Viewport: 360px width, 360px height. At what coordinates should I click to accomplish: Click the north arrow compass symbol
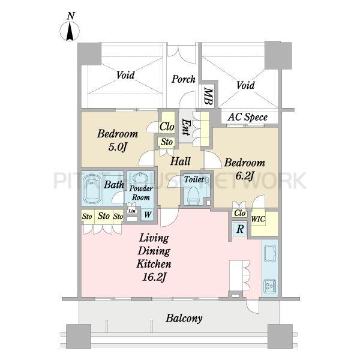[x=70, y=32]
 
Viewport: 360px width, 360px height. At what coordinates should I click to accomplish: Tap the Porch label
[x=184, y=79]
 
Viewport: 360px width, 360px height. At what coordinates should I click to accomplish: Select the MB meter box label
[x=208, y=97]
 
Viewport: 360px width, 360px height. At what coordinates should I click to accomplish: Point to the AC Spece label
[x=248, y=117]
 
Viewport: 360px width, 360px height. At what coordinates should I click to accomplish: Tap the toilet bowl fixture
[x=193, y=195]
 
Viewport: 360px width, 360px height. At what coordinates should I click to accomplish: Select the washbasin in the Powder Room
[x=140, y=178]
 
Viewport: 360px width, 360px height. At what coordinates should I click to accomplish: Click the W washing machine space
[x=148, y=215]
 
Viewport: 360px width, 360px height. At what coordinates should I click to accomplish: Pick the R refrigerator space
[x=239, y=229]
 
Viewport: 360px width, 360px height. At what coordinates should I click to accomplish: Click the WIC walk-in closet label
[x=258, y=219]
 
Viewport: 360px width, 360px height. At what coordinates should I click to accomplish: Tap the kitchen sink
[x=270, y=254]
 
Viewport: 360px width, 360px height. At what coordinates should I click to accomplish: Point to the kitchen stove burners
[x=270, y=286]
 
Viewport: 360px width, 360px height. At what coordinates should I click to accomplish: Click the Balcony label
[x=184, y=319]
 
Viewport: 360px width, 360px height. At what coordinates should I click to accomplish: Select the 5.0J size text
[x=118, y=147]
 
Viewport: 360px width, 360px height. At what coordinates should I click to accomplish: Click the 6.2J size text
[x=245, y=176]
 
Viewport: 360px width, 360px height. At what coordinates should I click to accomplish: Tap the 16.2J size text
[x=154, y=278]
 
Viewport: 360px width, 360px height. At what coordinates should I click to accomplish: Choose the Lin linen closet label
[x=132, y=211]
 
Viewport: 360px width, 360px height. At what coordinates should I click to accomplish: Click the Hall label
[x=181, y=161]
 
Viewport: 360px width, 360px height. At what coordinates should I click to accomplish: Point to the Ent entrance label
[x=185, y=127]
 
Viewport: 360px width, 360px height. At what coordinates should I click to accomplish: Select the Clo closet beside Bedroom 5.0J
[x=167, y=127]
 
